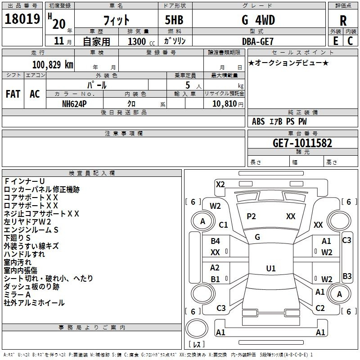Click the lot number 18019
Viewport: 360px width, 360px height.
(x=22, y=20)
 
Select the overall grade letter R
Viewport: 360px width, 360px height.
(x=343, y=21)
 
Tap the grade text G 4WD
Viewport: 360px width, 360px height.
(x=258, y=20)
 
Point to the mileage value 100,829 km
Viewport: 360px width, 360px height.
(x=53, y=64)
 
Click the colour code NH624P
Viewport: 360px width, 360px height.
(x=75, y=103)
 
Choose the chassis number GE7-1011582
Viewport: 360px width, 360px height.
(x=302, y=143)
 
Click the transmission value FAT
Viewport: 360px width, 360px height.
(x=13, y=94)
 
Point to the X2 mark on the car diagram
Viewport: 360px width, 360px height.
(x=220, y=184)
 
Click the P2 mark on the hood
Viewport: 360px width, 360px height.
(x=251, y=216)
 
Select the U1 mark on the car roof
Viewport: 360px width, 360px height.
(x=270, y=269)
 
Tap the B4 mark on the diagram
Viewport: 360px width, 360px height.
(x=216, y=241)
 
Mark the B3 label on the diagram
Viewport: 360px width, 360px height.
(x=347, y=276)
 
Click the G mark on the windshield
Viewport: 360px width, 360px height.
(x=257, y=237)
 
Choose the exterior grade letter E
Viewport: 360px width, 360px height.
(x=335, y=41)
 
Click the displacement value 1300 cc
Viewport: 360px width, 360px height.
(x=139, y=41)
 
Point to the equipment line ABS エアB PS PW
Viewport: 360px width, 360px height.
(x=279, y=121)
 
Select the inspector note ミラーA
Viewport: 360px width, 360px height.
(x=17, y=295)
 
